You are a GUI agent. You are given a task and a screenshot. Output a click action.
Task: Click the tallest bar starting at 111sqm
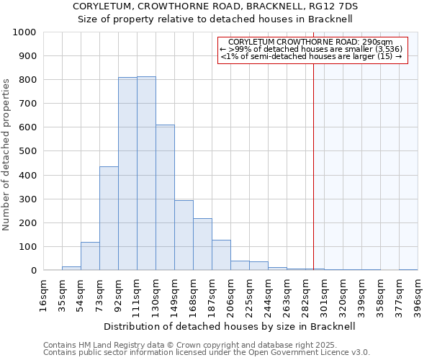pos(146,174)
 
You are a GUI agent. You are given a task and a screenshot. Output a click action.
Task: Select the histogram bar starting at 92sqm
pos(127,174)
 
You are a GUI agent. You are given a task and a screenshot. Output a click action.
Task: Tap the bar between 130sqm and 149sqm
pos(165,197)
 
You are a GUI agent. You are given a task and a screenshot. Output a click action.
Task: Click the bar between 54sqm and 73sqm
pos(90,256)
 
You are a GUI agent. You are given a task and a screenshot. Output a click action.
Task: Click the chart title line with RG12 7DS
pos(216,6)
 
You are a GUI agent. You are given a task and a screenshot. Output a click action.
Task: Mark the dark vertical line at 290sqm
pos(314,166)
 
